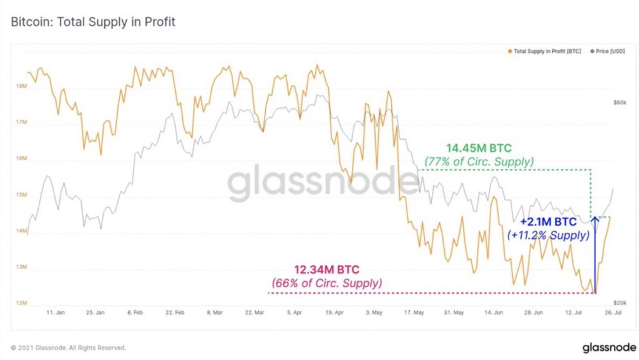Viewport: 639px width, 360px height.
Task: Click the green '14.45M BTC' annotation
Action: tap(479, 148)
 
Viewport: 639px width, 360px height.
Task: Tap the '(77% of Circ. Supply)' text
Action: tap(479, 162)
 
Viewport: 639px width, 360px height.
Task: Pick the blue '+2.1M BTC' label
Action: tap(548, 222)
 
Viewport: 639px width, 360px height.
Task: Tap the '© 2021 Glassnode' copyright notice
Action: tap(69, 348)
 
